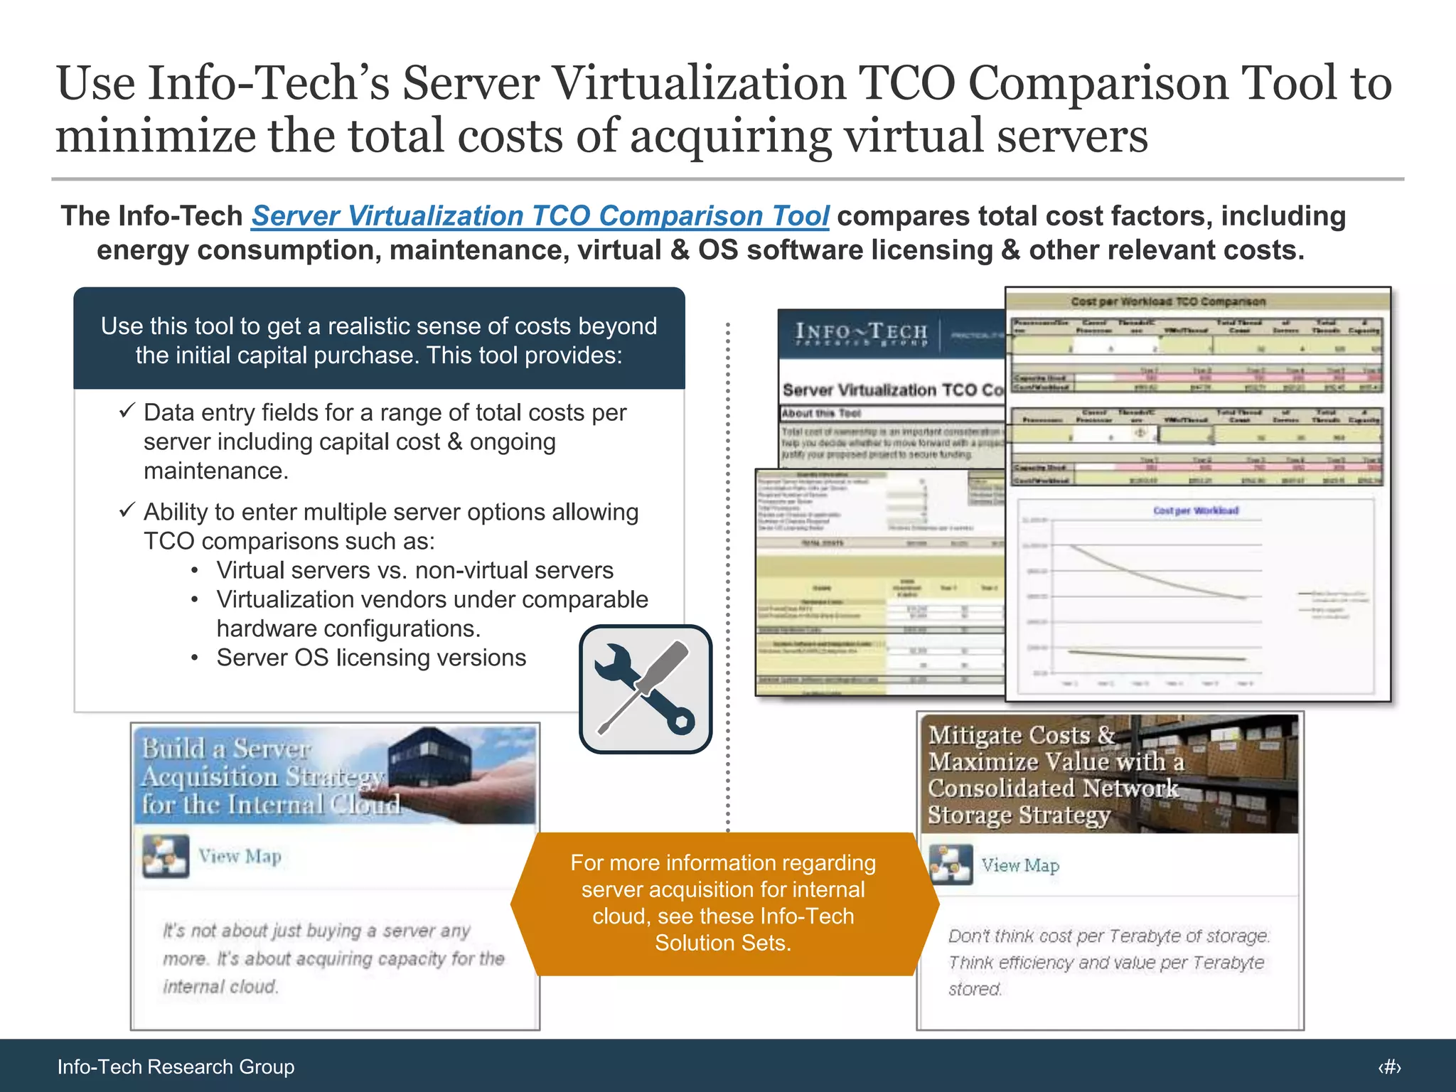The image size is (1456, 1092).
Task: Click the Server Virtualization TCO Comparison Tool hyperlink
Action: (540, 216)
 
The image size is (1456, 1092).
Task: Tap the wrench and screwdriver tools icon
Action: (646, 688)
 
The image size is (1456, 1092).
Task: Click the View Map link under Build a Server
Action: (240, 856)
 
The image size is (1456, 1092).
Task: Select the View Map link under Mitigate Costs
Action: (1020, 865)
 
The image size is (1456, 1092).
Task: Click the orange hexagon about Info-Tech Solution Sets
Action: (724, 903)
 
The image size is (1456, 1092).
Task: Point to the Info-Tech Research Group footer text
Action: (176, 1066)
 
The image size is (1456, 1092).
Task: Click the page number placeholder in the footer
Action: (1389, 1066)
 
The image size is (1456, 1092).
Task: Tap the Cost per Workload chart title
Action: (1196, 510)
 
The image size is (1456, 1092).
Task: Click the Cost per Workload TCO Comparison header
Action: (1168, 301)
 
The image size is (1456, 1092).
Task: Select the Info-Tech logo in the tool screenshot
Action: (862, 333)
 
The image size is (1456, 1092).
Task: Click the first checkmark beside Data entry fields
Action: (127, 411)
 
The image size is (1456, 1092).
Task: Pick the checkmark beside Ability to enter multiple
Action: (127, 510)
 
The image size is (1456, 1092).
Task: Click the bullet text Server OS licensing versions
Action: (371, 658)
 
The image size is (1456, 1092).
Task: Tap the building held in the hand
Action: (425, 757)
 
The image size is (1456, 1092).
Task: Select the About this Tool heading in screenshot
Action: (821, 413)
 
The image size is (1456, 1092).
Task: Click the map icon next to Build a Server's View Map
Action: (166, 856)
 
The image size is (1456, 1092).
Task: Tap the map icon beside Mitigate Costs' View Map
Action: (951, 864)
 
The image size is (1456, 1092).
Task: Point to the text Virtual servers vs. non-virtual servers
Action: (414, 570)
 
